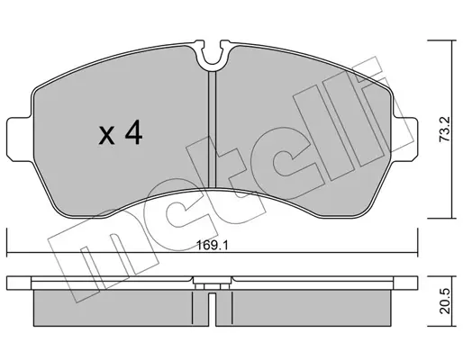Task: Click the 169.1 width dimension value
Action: (x=213, y=246)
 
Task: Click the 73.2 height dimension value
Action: (x=445, y=130)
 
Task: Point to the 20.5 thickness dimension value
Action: (x=445, y=301)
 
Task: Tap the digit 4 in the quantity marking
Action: (x=133, y=132)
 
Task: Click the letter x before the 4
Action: (x=106, y=135)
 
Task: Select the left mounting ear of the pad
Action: (x=20, y=139)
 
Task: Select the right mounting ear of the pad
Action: (x=404, y=139)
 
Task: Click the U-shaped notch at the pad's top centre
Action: (x=213, y=56)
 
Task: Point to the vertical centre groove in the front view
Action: (x=213, y=130)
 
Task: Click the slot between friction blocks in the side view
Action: (x=212, y=310)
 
